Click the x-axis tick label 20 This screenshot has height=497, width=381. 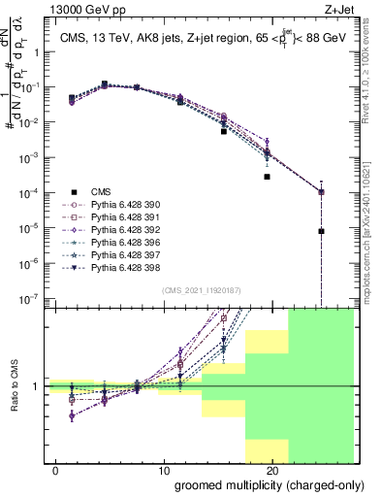pos(272,471)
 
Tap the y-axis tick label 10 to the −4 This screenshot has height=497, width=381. pos(33,193)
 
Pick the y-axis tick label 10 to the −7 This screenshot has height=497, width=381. pos(33,299)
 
